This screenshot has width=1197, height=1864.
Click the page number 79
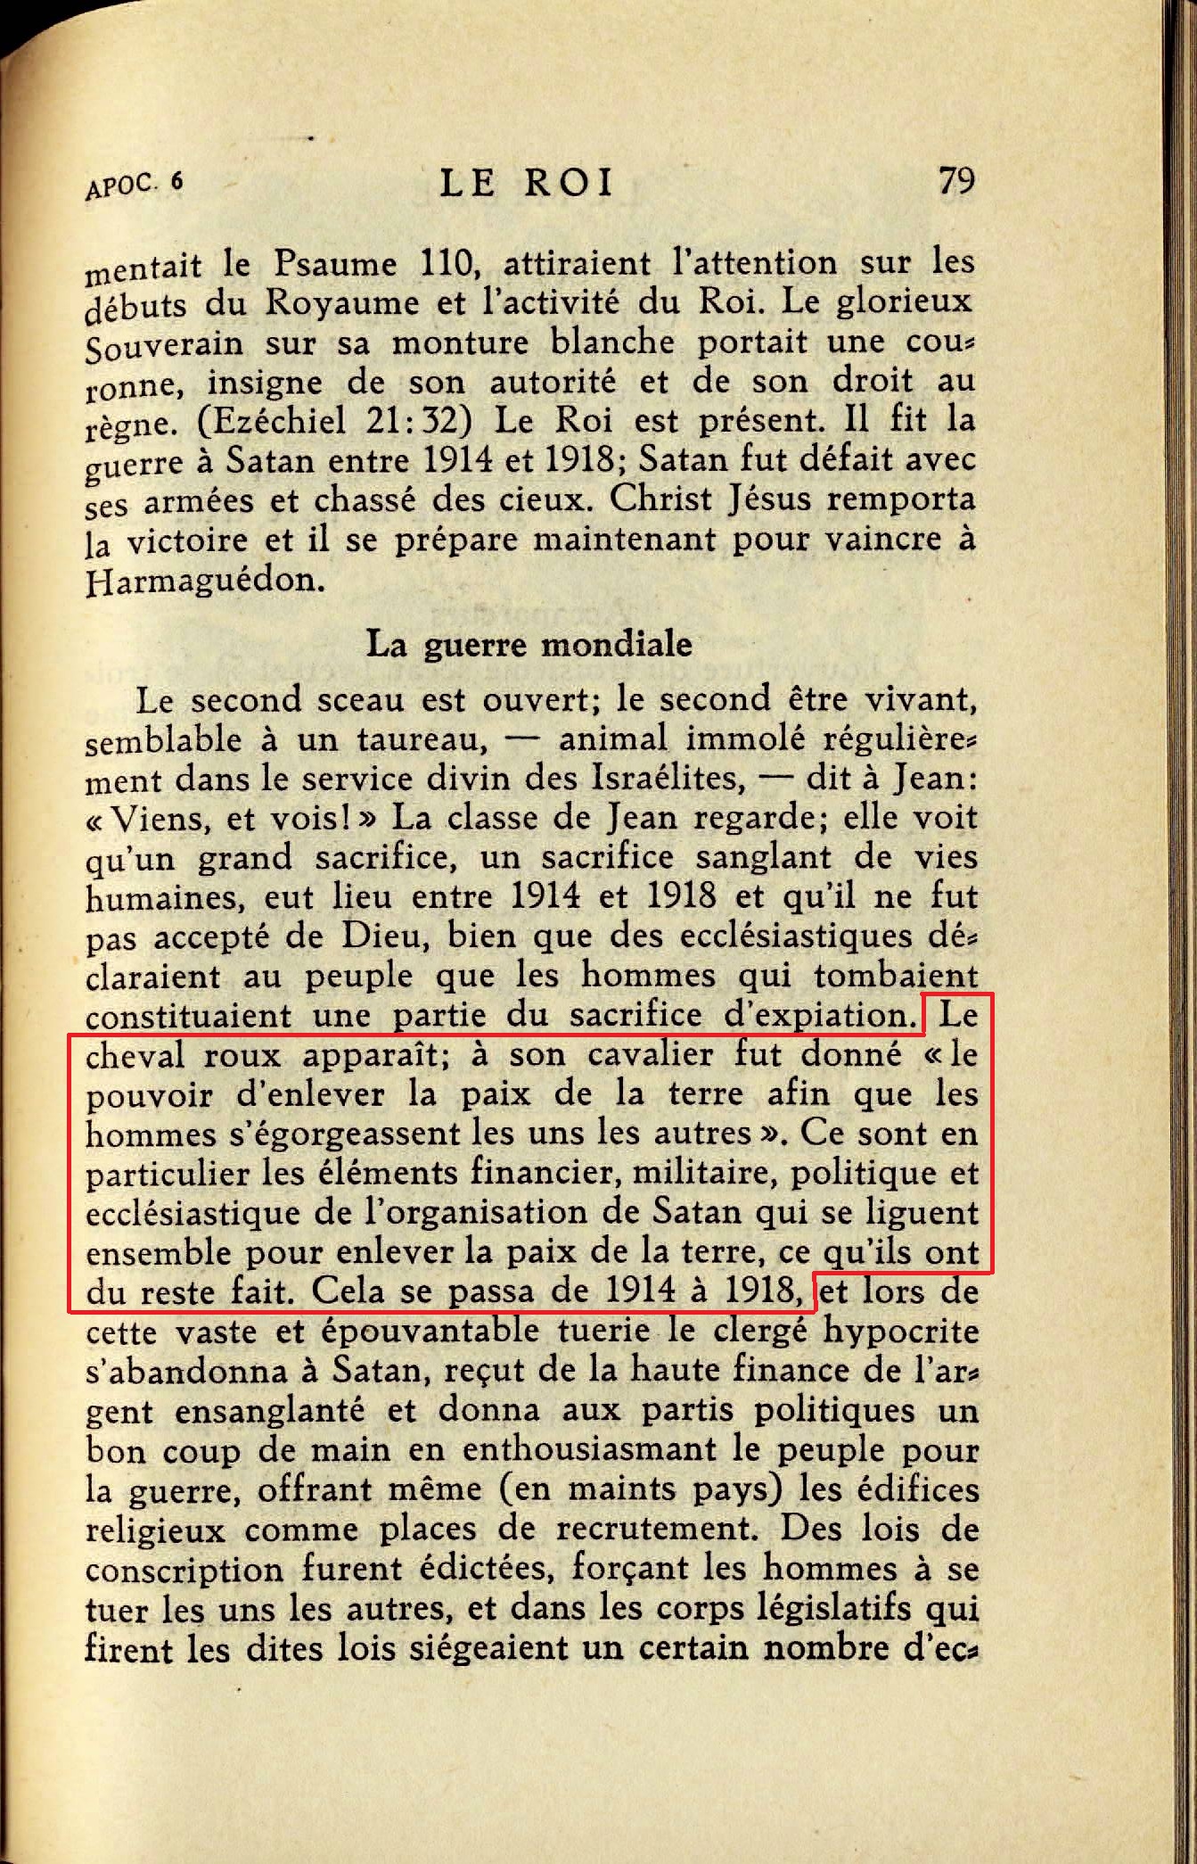click(x=956, y=181)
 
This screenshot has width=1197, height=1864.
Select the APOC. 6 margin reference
click(x=134, y=185)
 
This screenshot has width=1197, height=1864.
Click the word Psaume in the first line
click(x=334, y=264)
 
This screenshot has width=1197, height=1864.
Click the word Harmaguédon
click(x=204, y=581)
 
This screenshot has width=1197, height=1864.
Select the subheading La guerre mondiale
click(x=529, y=643)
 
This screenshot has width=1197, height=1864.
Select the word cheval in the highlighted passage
click(x=135, y=1055)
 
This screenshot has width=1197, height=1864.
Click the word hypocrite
click(x=904, y=1330)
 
